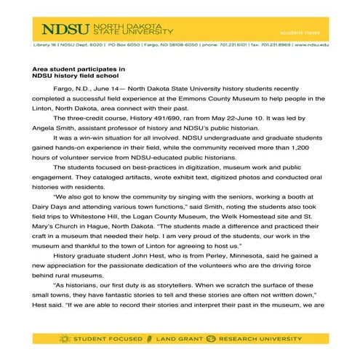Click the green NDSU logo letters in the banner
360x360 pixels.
64,30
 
